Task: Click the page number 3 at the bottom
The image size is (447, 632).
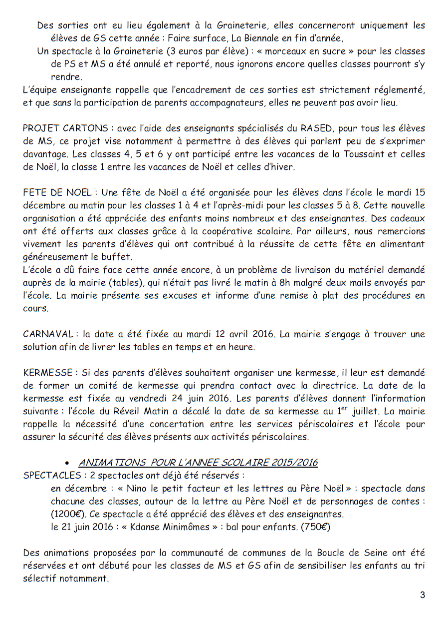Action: point(423,595)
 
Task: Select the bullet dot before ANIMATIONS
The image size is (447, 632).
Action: point(67,463)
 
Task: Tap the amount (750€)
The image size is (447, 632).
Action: point(315,527)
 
